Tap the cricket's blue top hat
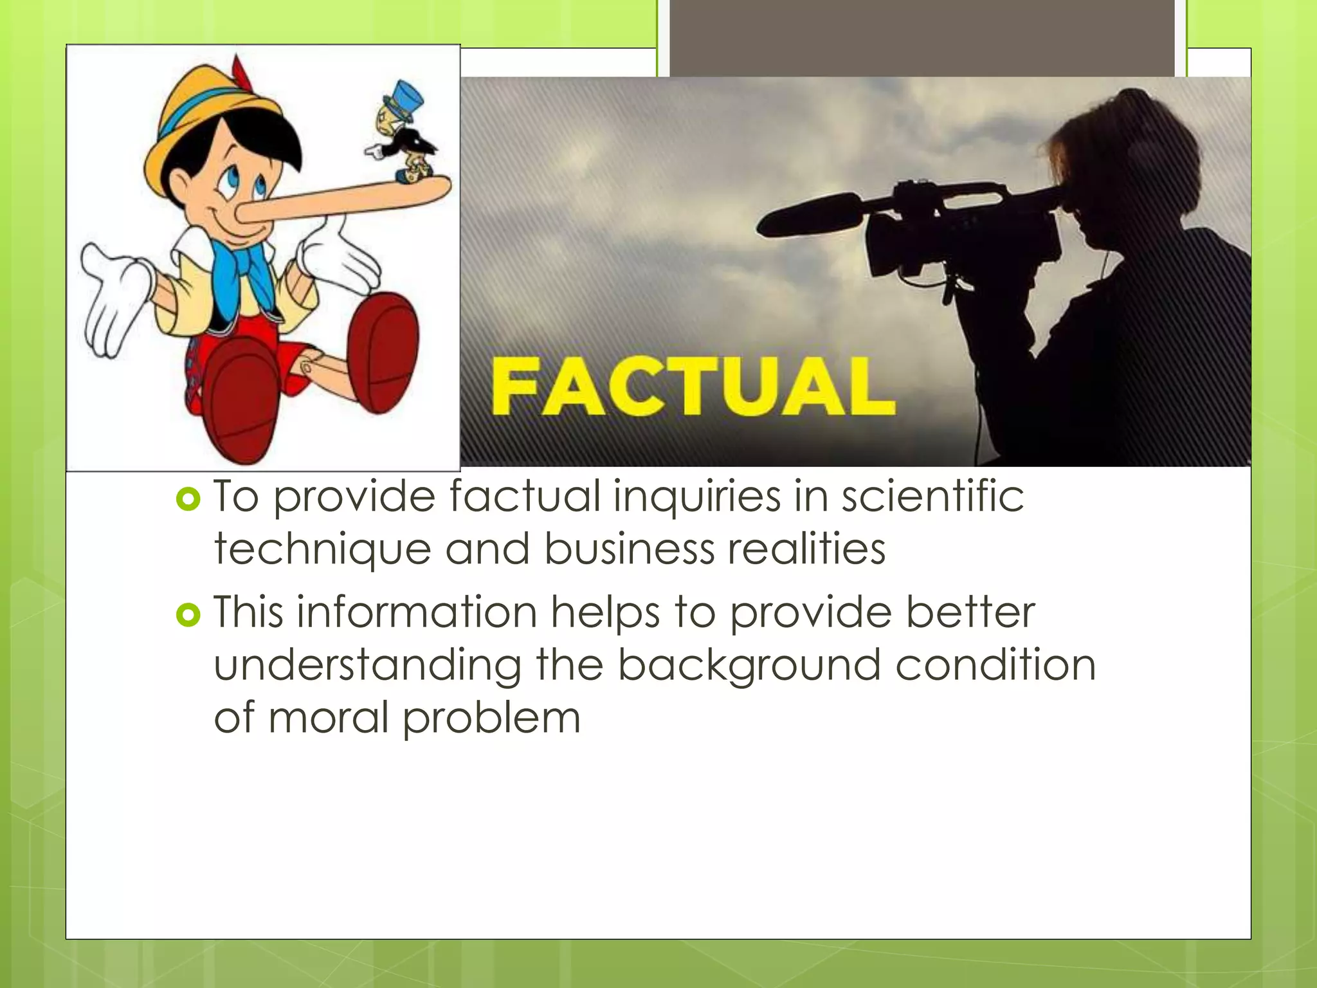[404, 98]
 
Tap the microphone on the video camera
[810, 216]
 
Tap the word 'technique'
[322, 550]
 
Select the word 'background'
[749, 666]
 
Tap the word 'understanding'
[367, 666]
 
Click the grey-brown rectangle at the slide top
[922, 39]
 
